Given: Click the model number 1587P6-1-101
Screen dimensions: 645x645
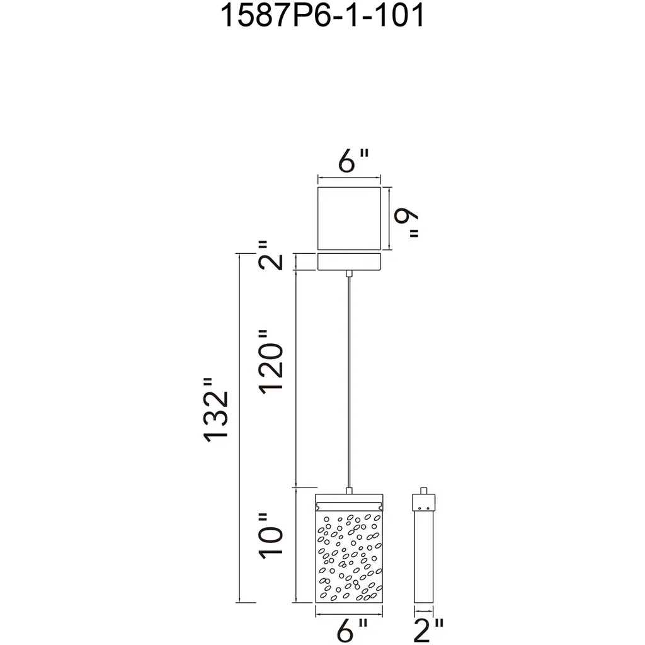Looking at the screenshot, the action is click(322, 16).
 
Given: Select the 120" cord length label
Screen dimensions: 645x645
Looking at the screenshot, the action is click(271, 362).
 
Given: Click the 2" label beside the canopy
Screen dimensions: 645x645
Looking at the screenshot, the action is click(271, 256).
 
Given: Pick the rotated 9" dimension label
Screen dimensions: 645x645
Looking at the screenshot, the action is click(406, 222).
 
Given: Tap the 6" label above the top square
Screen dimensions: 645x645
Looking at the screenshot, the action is click(353, 161).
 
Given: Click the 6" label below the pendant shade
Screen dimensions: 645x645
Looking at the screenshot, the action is click(352, 630).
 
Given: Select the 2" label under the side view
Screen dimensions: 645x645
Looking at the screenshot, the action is click(428, 630).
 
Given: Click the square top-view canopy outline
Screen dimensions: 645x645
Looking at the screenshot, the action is click(349, 218).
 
